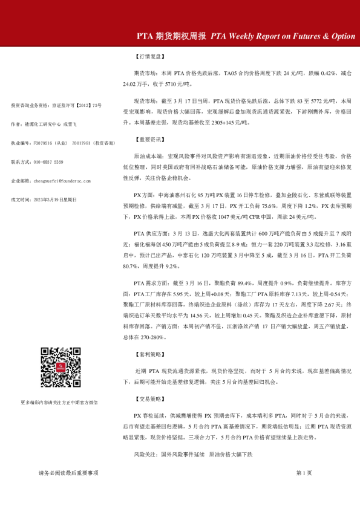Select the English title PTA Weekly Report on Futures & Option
coord(283,36)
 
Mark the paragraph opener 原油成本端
coord(148,155)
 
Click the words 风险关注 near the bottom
coord(145,453)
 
